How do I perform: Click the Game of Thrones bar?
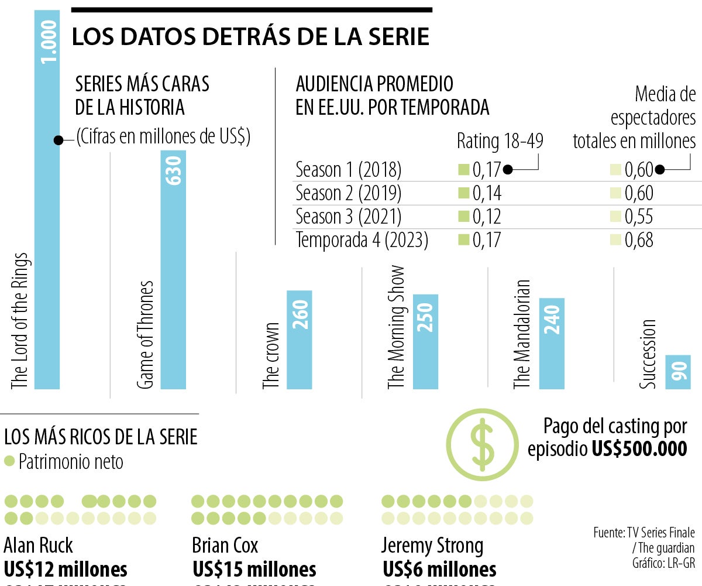(173, 269)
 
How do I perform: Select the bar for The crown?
(299, 340)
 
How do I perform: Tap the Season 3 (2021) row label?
(349, 217)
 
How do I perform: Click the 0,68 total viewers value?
(639, 240)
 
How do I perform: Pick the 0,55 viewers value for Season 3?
(639, 217)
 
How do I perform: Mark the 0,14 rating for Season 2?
(487, 193)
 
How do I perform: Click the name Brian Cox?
(225, 546)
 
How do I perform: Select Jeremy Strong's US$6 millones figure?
(439, 569)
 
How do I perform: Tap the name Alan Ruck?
(39, 546)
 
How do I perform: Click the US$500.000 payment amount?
(639, 448)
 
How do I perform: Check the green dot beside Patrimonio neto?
(9, 461)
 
